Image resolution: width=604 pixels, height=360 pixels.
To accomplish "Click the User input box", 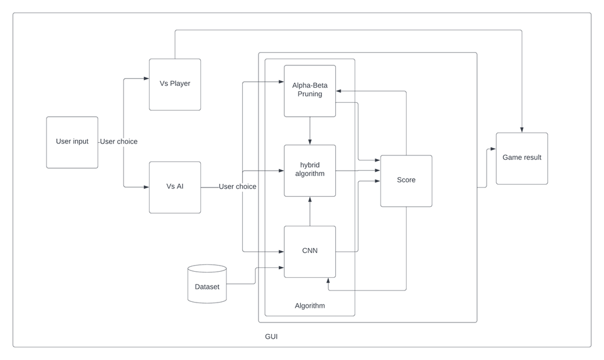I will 72,142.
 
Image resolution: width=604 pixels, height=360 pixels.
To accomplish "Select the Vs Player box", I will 175,84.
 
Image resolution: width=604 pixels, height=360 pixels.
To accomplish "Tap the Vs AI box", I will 175,187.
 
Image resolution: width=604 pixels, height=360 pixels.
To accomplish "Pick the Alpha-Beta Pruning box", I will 310,91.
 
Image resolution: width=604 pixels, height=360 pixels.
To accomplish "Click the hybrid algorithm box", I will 310,170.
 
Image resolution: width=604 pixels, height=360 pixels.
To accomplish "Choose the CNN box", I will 310,251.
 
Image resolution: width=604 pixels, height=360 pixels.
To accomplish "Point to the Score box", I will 406,180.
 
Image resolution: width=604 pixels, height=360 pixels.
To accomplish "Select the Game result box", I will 522,158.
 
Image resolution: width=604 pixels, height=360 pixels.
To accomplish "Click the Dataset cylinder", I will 207,284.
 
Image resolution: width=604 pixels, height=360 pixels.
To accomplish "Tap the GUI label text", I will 271,336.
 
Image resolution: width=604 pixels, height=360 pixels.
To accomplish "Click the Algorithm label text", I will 310,306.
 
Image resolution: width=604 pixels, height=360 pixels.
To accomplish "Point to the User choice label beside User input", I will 119,142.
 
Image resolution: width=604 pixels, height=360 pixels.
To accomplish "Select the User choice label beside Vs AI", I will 237,186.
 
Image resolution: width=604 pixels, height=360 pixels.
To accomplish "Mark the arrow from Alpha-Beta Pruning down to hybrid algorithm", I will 310,131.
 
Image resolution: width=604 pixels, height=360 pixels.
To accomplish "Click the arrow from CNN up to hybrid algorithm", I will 310,211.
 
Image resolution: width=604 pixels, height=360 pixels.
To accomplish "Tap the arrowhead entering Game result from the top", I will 522,129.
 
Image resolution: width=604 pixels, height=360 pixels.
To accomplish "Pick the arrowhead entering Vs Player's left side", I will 146,78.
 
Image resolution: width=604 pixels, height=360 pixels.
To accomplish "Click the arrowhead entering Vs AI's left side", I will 146,187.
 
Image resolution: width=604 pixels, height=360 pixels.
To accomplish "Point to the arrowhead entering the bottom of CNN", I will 328,281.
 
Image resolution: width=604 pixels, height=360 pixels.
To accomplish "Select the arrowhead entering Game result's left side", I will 493,149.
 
